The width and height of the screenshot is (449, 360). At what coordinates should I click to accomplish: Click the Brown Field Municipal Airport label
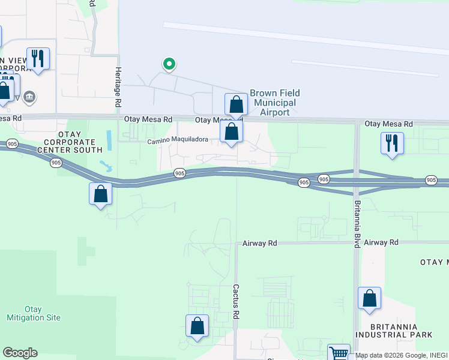click(275, 103)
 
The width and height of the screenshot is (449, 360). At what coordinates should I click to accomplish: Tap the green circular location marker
click(169, 64)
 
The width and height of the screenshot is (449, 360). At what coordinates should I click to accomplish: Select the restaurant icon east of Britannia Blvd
click(392, 143)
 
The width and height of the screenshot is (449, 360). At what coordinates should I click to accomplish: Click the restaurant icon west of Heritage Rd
click(38, 59)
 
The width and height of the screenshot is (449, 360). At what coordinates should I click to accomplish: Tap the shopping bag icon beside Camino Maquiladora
click(232, 133)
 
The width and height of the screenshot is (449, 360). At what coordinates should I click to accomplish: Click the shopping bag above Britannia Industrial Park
click(370, 299)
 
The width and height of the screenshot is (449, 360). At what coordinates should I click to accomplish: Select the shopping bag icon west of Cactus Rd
click(197, 326)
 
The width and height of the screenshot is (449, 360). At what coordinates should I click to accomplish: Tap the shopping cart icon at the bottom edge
click(339, 354)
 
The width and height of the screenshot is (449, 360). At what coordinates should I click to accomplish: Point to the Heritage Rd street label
click(118, 87)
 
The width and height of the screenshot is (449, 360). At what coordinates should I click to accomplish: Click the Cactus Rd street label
click(237, 301)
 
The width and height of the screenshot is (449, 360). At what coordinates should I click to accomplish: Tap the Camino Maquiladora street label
click(178, 140)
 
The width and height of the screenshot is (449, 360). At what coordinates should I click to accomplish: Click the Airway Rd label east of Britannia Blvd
click(381, 242)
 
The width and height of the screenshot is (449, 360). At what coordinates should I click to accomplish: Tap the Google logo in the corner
click(20, 353)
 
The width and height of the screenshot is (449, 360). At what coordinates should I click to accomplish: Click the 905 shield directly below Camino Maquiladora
click(179, 173)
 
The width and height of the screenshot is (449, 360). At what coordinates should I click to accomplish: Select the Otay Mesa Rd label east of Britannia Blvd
click(389, 124)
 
